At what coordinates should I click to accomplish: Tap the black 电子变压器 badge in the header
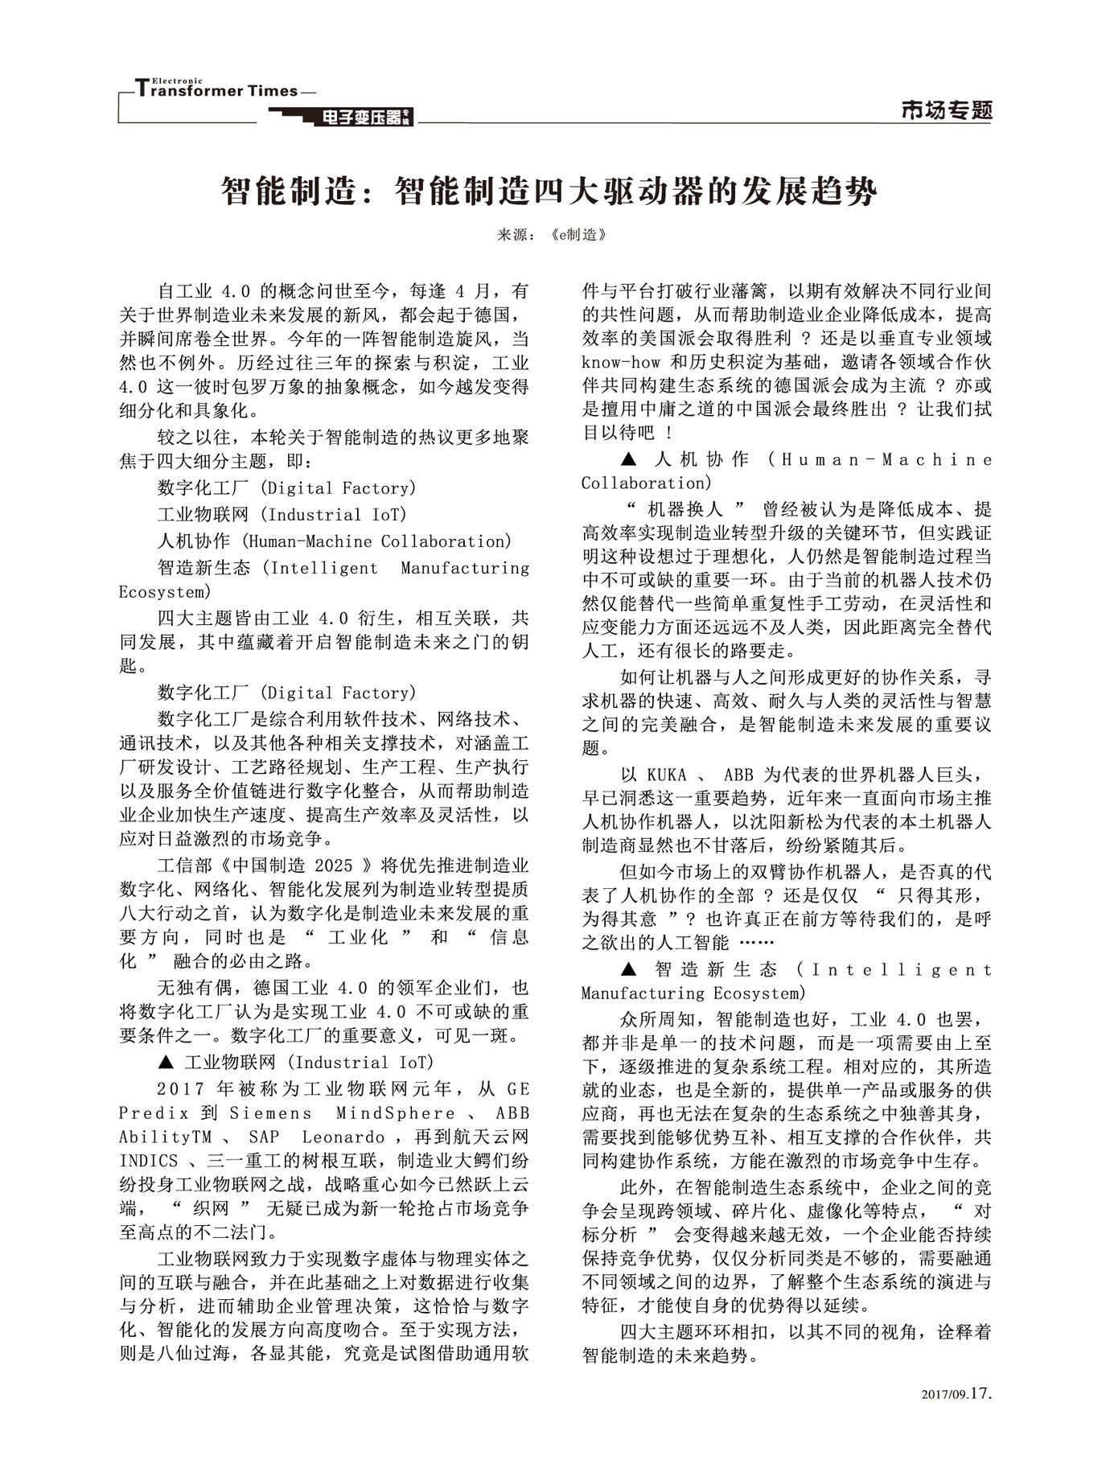tap(367, 118)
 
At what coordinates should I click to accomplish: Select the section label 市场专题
tap(947, 111)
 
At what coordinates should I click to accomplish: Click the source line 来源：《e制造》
tap(550, 235)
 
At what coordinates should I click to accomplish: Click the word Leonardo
tap(343, 1137)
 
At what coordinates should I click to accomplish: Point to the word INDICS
tap(149, 1161)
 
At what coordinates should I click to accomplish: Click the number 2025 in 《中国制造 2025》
tap(334, 866)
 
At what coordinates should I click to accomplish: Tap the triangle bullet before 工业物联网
tap(166, 1063)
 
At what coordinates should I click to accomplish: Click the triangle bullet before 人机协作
tap(629, 460)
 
